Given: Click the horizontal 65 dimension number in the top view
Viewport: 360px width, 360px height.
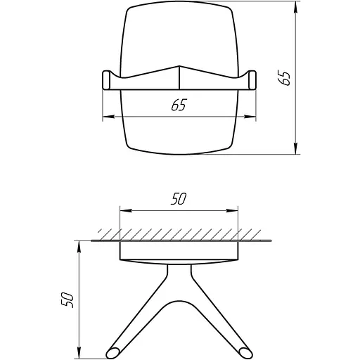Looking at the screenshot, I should tap(179, 106).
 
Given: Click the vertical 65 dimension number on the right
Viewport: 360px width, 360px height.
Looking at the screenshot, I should tap(284, 77).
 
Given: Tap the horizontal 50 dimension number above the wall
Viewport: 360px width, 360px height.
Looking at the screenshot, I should tap(178, 199).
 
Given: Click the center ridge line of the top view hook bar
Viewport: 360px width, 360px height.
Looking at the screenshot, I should tap(179, 77).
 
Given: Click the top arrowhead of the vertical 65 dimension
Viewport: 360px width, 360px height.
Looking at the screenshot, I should tap(296, 6).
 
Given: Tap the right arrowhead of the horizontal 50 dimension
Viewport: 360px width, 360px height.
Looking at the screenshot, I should tap(236, 210).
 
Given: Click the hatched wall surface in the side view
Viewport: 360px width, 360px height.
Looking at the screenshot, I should tap(179, 233).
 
